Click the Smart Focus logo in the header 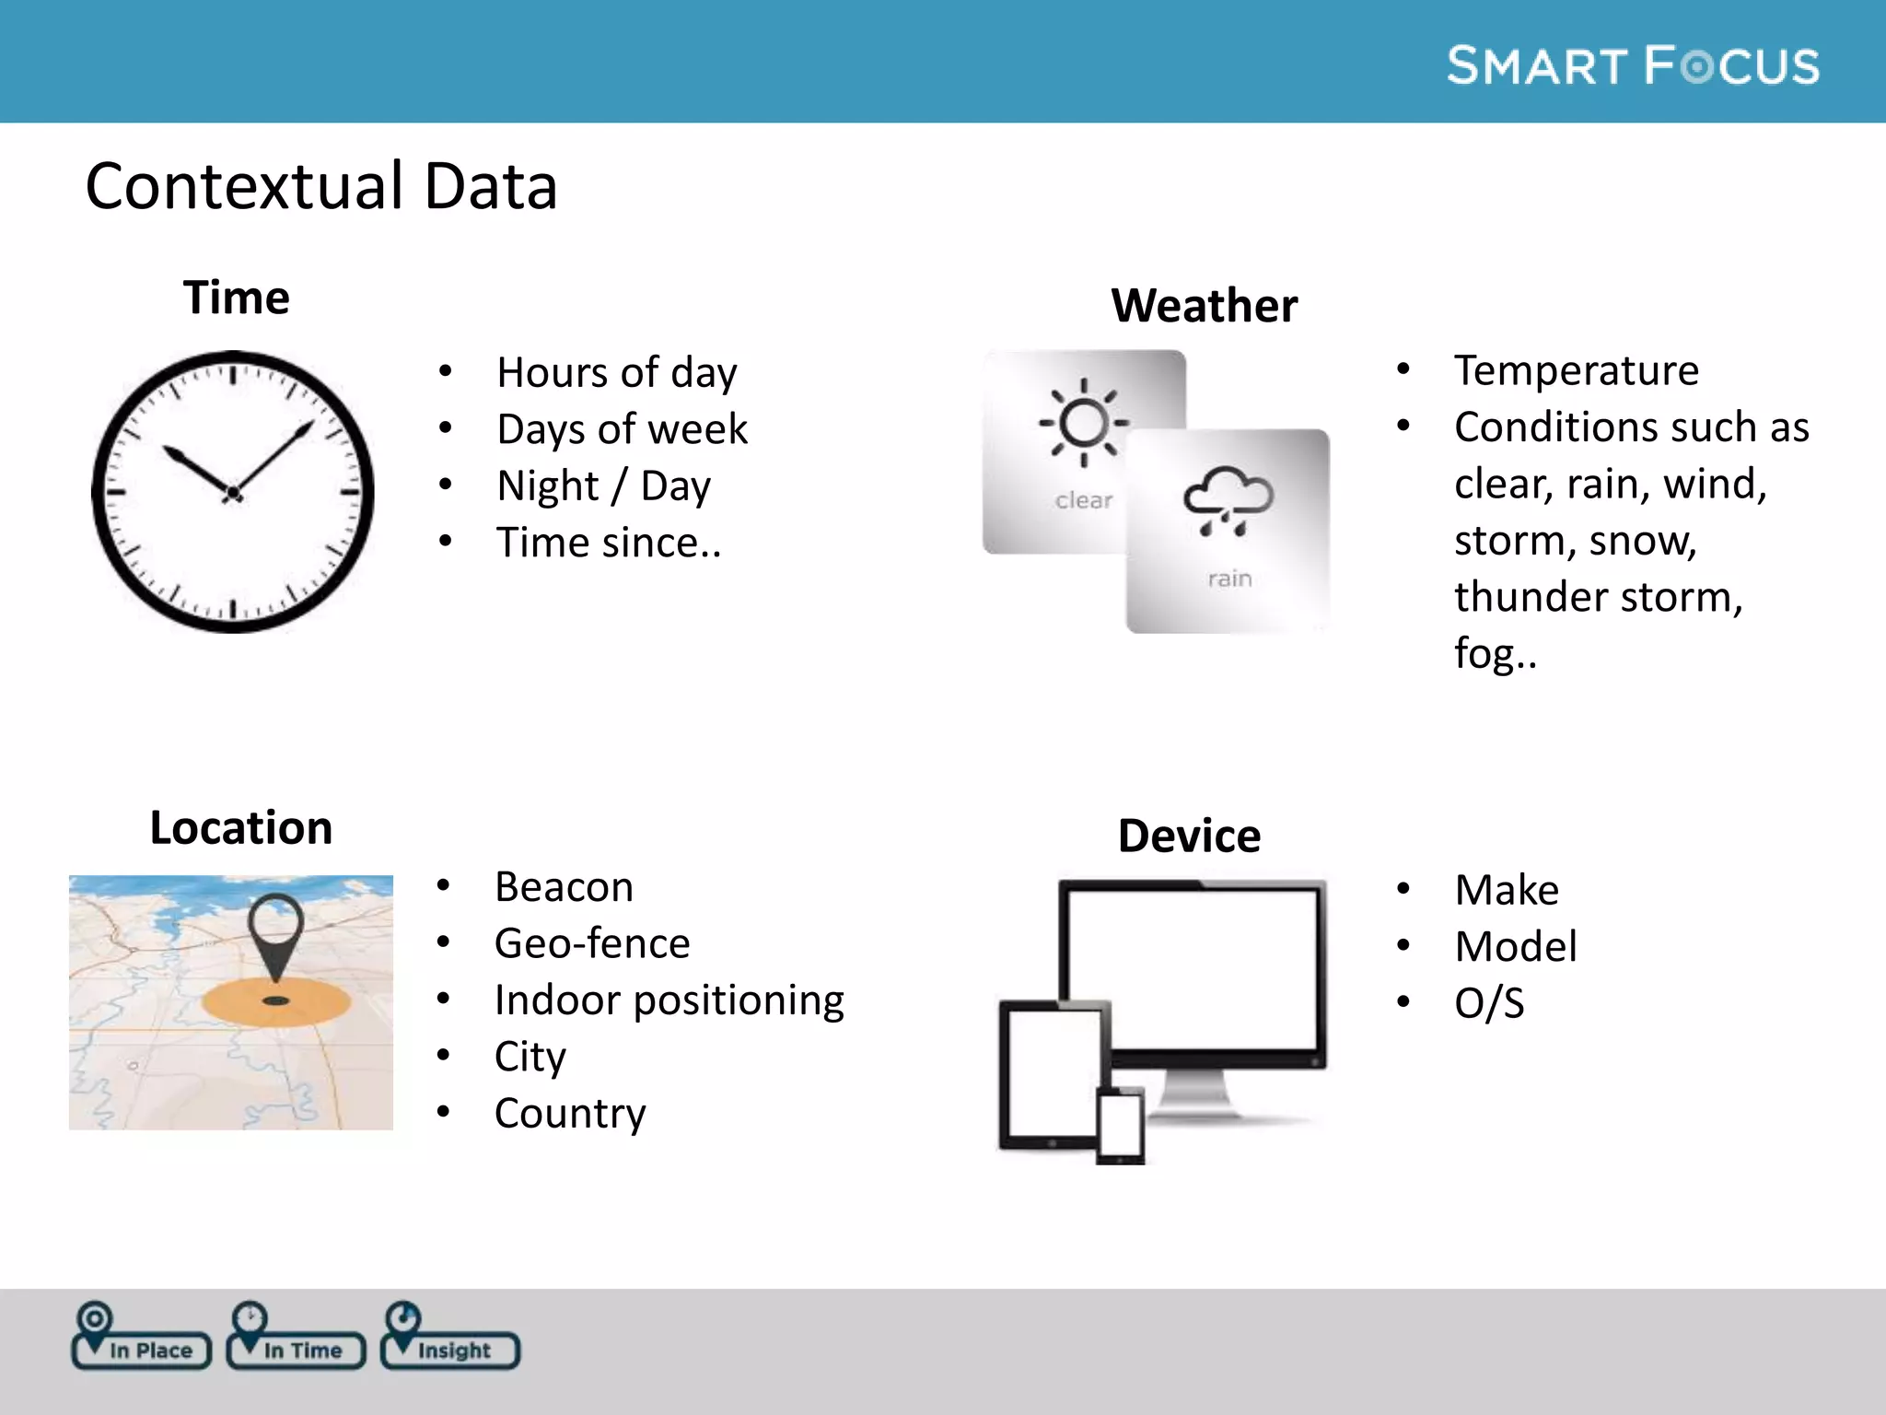click(x=1632, y=66)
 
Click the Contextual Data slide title click(x=321, y=187)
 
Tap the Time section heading click(x=237, y=298)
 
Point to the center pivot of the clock click(x=233, y=494)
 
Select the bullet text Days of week click(x=622, y=429)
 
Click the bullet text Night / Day click(x=603, y=485)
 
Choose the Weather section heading click(x=1204, y=306)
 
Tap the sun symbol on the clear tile click(x=1084, y=424)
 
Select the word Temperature click(x=1576, y=370)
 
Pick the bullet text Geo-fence click(x=592, y=943)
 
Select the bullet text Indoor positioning click(x=669, y=1000)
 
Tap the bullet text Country click(x=570, y=1113)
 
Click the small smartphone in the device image click(x=1121, y=1126)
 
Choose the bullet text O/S click(x=1489, y=1003)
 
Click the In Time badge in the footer click(x=296, y=1347)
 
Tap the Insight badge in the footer click(x=450, y=1347)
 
